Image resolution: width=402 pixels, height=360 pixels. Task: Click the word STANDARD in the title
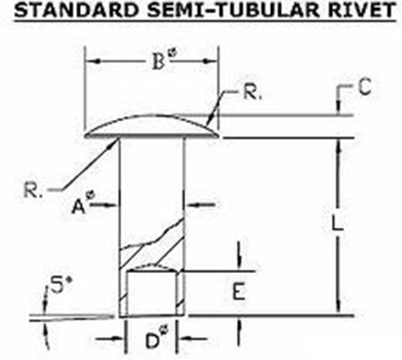75,10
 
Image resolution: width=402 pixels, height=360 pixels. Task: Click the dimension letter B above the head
158,62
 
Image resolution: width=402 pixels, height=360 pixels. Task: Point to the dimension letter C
365,87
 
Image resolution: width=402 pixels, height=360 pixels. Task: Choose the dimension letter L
337,223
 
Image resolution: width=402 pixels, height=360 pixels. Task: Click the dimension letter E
239,291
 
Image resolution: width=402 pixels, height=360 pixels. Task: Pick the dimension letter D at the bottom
153,340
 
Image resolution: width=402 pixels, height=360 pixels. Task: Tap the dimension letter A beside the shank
78,207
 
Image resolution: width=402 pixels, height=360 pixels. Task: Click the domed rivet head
152,126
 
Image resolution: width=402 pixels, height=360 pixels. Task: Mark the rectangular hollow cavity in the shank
152,293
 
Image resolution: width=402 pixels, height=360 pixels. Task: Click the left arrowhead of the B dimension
94,61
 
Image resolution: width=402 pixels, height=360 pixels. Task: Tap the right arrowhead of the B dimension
210,61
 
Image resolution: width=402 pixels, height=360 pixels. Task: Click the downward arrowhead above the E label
239,264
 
